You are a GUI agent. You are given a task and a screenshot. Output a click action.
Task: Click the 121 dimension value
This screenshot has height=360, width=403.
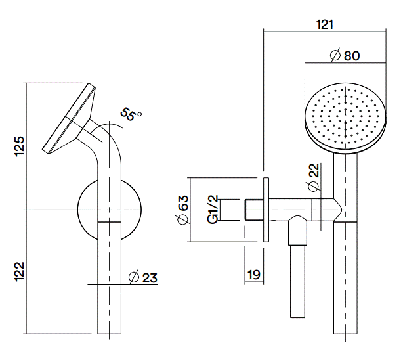click(324, 24)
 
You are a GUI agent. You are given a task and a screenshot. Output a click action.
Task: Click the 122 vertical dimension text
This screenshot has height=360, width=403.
click(20, 271)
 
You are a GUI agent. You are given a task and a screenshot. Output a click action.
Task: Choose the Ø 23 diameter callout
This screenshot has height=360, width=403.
click(143, 277)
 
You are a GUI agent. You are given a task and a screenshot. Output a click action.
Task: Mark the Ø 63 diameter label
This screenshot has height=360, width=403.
click(183, 209)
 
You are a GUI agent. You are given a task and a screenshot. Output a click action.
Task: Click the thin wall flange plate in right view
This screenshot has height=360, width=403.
click(265, 210)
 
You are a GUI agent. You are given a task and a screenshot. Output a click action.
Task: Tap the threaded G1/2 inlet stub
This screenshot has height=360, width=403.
click(252, 210)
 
